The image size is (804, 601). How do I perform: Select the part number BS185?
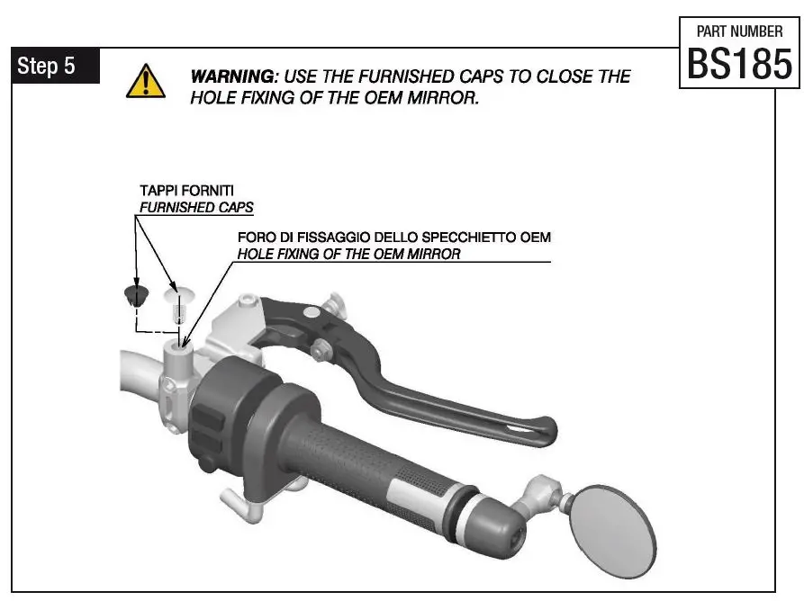click(739, 64)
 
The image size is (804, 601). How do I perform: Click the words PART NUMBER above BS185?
click(739, 31)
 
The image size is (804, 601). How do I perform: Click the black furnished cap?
click(134, 294)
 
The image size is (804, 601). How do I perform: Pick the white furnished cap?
click(176, 293)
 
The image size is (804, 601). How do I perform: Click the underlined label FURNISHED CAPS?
click(196, 208)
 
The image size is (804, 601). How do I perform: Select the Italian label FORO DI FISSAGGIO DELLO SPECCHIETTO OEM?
click(393, 238)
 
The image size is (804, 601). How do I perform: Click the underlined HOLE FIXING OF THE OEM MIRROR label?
click(348, 255)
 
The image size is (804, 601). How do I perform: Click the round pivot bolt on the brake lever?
click(310, 313)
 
